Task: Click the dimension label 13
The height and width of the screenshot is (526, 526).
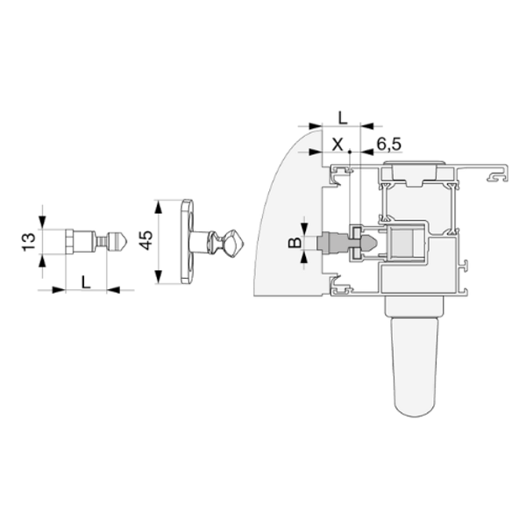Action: point(29,242)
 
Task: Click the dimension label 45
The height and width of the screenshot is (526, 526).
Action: point(146,240)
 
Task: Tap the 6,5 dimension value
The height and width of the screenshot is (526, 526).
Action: point(388,145)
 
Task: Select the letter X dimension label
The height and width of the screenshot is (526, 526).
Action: point(338,145)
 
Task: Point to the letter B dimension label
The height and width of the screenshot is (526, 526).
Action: point(295,242)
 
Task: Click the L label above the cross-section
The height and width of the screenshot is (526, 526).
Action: point(343,118)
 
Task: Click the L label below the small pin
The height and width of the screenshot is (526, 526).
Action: point(86,281)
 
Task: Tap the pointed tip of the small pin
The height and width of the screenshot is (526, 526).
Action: point(127,242)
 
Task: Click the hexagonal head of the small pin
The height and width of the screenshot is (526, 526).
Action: point(69,242)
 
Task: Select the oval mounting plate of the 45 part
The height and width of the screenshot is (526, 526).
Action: point(188,242)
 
